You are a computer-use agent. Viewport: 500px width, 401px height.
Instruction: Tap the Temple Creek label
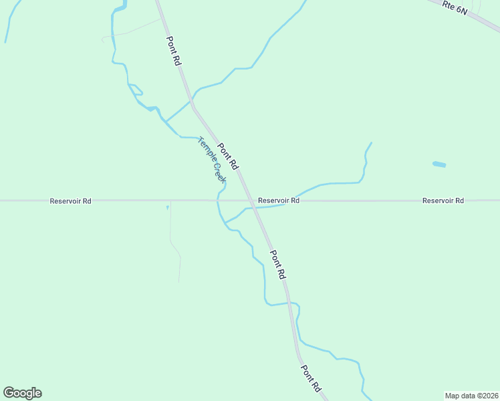212,160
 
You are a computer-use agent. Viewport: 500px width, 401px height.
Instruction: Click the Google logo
22,393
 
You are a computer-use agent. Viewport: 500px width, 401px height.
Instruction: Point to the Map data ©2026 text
472,395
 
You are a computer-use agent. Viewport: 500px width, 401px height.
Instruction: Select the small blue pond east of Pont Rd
439,164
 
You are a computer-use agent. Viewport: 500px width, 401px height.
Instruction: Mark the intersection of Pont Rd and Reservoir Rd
253,200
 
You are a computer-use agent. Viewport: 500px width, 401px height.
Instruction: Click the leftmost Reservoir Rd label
70,200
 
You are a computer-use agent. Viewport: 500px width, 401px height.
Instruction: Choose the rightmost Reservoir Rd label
443,200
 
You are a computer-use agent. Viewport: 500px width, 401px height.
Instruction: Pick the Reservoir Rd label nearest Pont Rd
279,200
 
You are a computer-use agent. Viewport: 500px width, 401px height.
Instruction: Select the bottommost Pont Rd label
311,378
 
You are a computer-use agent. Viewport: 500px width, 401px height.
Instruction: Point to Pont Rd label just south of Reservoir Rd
278,264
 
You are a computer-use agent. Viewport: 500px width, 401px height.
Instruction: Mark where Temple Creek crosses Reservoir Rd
218,200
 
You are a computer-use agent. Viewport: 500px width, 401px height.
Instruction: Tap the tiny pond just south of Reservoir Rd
168,208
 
